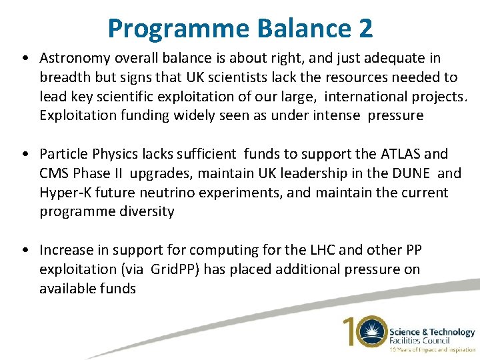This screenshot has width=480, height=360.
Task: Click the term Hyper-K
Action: (x=65, y=193)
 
